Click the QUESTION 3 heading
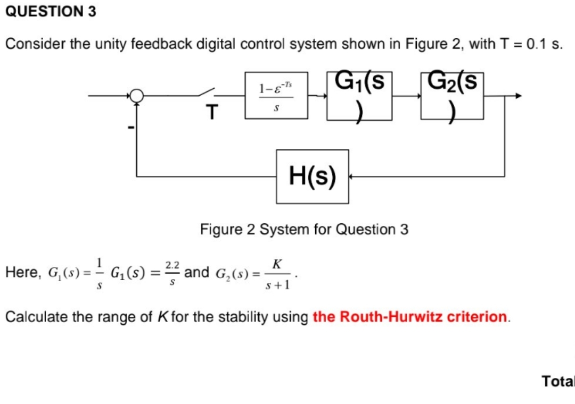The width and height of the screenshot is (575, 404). click(x=51, y=12)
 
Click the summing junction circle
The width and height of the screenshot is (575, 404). click(x=137, y=96)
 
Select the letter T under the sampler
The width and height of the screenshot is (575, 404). click(x=212, y=113)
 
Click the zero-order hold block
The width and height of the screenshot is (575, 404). click(x=276, y=96)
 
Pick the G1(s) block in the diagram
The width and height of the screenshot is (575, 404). click(x=360, y=96)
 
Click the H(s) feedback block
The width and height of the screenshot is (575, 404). click(x=313, y=176)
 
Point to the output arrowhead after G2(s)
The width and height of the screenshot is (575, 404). click(x=519, y=96)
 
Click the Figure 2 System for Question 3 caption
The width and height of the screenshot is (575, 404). click(x=304, y=230)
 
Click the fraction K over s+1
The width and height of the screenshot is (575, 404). click(x=277, y=274)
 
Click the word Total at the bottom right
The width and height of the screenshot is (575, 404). click(x=558, y=381)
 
